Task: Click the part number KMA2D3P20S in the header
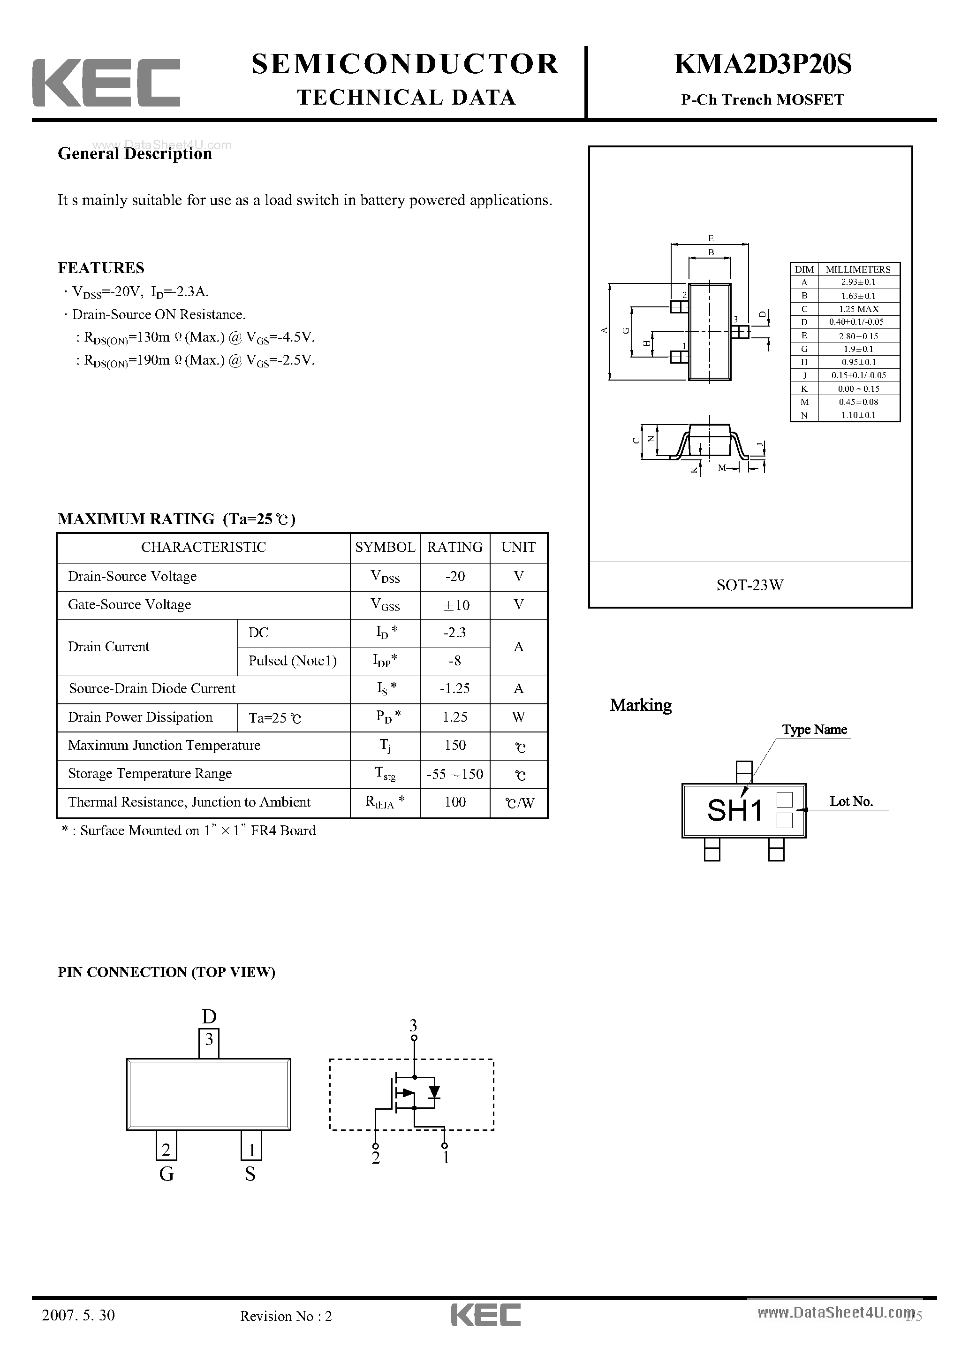(x=762, y=65)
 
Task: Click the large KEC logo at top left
(x=106, y=83)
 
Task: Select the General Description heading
(x=135, y=154)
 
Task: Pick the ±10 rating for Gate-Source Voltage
(x=455, y=605)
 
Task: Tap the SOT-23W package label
(x=750, y=585)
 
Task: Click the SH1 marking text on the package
(x=735, y=811)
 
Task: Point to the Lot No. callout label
(x=851, y=802)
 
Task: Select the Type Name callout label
(x=814, y=730)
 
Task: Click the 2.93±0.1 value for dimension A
(x=858, y=282)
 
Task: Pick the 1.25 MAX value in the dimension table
(x=858, y=309)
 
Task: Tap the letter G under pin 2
(x=167, y=1174)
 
